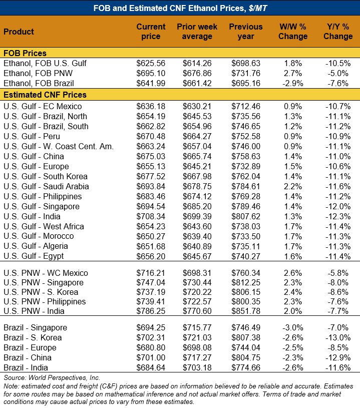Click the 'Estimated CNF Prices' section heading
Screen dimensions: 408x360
coord(45,95)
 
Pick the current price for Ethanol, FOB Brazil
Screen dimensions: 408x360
coord(151,84)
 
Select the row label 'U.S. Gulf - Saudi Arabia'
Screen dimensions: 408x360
coord(46,186)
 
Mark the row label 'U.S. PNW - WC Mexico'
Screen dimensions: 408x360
coord(46,273)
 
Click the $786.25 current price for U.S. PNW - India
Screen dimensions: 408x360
coord(151,311)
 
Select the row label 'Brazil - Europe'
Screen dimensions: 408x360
coord(30,347)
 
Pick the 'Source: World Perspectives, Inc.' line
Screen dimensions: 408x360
coord(52,377)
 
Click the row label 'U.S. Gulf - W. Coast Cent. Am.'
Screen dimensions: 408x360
coord(59,146)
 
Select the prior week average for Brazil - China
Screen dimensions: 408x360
coord(197,357)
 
